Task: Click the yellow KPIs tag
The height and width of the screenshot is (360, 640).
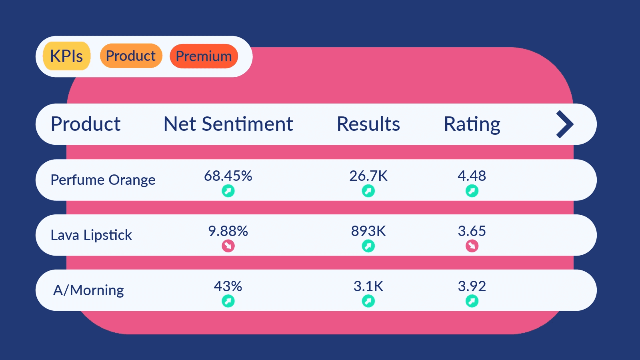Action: pyautogui.click(x=66, y=56)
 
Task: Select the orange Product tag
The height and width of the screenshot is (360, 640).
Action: pyautogui.click(x=131, y=56)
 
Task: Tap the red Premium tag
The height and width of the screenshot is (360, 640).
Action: pyautogui.click(x=204, y=56)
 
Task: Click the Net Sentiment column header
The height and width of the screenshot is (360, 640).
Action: pyautogui.click(x=228, y=124)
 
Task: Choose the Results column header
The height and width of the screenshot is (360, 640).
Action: pyautogui.click(x=368, y=124)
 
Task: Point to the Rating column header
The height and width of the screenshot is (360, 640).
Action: pyautogui.click(x=472, y=124)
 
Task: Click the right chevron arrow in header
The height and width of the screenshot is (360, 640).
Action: pyautogui.click(x=565, y=124)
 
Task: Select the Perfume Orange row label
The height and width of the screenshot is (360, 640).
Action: pyautogui.click(x=103, y=180)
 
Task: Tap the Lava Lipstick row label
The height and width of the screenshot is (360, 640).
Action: pyautogui.click(x=91, y=235)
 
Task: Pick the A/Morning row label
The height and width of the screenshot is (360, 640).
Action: pyautogui.click(x=88, y=290)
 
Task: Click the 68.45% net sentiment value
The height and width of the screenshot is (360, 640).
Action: pyautogui.click(x=228, y=176)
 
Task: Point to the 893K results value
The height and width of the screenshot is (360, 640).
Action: pyautogui.click(x=368, y=231)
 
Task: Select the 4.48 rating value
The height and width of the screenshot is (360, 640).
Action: pyautogui.click(x=472, y=176)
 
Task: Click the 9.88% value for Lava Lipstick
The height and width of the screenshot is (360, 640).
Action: pyautogui.click(x=228, y=231)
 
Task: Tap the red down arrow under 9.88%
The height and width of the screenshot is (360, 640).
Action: pyautogui.click(x=228, y=246)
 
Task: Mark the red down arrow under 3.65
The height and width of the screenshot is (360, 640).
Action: pyautogui.click(x=472, y=246)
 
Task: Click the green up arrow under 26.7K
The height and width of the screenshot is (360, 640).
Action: pyautogui.click(x=368, y=191)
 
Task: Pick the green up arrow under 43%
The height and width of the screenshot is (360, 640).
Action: pyautogui.click(x=228, y=301)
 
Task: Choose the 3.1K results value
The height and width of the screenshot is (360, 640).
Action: pyautogui.click(x=368, y=286)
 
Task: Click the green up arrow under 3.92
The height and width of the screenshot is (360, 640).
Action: pyautogui.click(x=472, y=301)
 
